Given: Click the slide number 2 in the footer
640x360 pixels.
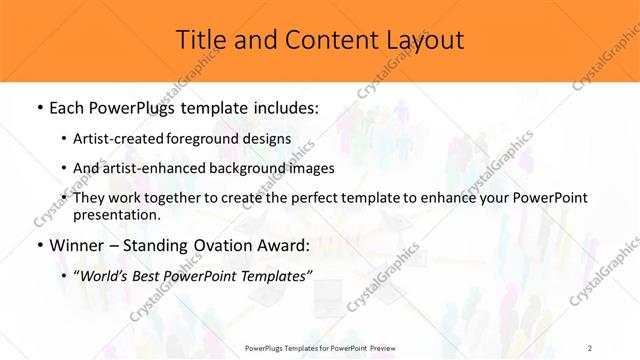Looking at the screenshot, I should [589, 347].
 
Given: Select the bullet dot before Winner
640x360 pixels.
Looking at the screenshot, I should [39, 246].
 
